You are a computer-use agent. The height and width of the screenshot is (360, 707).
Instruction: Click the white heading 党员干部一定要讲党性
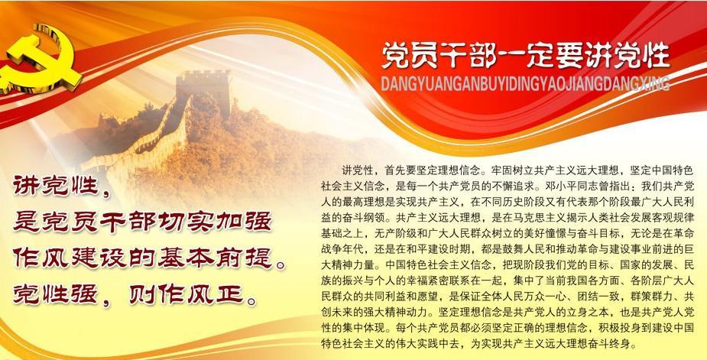(526, 57)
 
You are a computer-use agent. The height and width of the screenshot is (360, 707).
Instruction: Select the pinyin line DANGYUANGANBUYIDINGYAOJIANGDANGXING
(525, 84)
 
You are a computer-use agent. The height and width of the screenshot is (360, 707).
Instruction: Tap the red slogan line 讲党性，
(61, 186)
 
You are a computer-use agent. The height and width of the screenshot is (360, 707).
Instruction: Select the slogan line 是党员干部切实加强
(142, 222)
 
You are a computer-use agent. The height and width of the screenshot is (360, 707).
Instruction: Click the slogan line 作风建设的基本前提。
(149, 258)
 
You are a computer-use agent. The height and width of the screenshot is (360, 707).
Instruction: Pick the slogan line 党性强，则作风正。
(135, 295)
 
